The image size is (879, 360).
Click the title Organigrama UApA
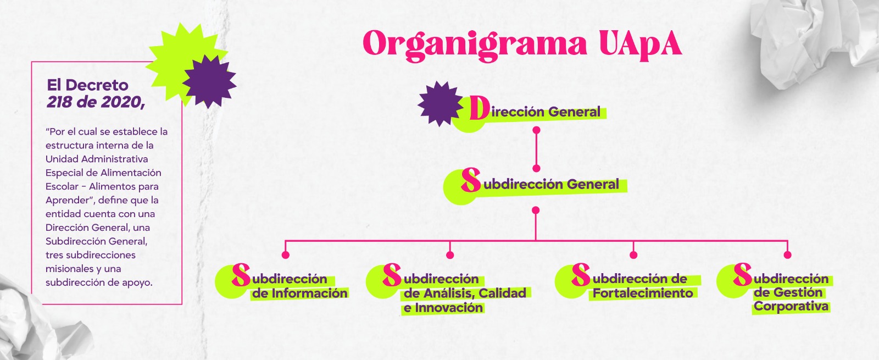pos(522,44)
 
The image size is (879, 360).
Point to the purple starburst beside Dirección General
pos(439,103)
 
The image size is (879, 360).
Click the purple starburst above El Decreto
pos(209,81)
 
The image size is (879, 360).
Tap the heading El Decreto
pos(88,85)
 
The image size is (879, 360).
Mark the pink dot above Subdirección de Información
pos(285,254)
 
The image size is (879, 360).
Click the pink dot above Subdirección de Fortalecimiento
pos(633,254)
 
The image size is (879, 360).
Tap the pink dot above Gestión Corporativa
pos(787,254)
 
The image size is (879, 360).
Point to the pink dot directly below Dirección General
pos(537,130)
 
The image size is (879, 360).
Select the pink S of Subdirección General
pos(471,180)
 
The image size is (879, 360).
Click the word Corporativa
pos(791,307)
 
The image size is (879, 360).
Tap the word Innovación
pos(448,308)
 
